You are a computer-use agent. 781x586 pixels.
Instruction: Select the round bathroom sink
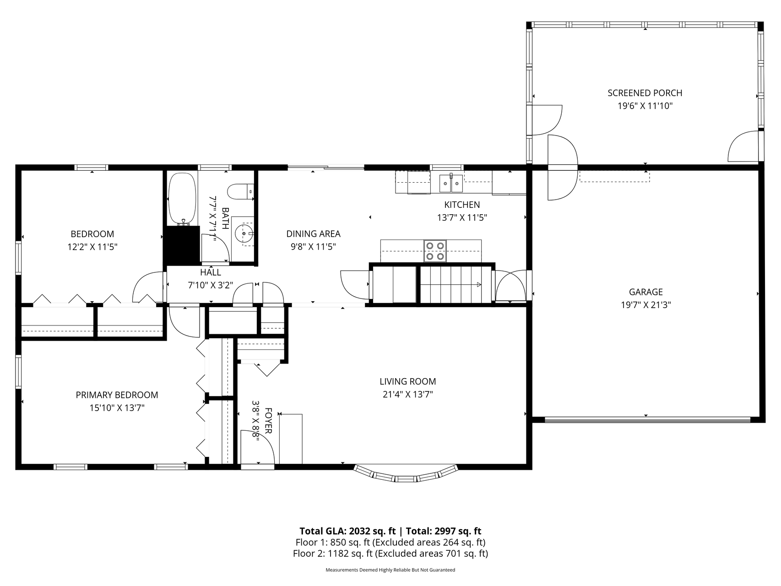point(243,234)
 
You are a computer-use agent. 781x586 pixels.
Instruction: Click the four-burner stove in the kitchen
point(435,251)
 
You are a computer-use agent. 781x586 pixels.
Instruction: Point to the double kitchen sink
point(451,183)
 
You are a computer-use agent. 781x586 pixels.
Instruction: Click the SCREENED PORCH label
point(645,93)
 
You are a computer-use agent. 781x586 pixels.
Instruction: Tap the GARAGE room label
point(645,292)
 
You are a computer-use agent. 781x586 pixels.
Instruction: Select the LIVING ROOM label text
point(407,381)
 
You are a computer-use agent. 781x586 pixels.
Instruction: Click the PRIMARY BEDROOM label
point(117,395)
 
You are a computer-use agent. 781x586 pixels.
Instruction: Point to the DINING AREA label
point(313,234)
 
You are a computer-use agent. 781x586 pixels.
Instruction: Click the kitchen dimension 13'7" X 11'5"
point(462,218)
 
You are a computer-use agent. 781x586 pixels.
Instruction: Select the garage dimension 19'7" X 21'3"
point(645,305)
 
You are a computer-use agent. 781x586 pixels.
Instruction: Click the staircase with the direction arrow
point(451,284)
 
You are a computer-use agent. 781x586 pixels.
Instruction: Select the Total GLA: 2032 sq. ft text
point(347,531)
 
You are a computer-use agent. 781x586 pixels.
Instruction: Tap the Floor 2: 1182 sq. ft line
point(390,553)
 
